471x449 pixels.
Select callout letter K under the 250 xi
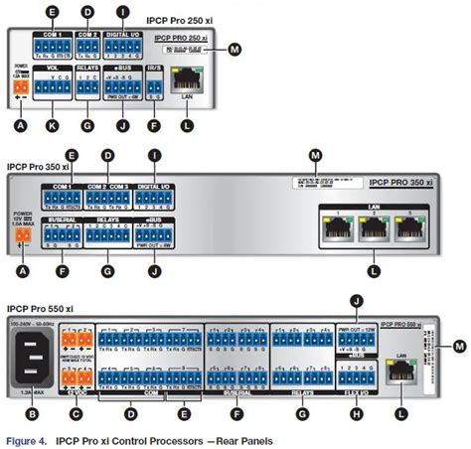tap(53, 127)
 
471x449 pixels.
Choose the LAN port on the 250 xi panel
tap(186, 76)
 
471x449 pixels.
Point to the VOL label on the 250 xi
tap(53, 69)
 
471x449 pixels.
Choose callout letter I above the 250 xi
tap(123, 11)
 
